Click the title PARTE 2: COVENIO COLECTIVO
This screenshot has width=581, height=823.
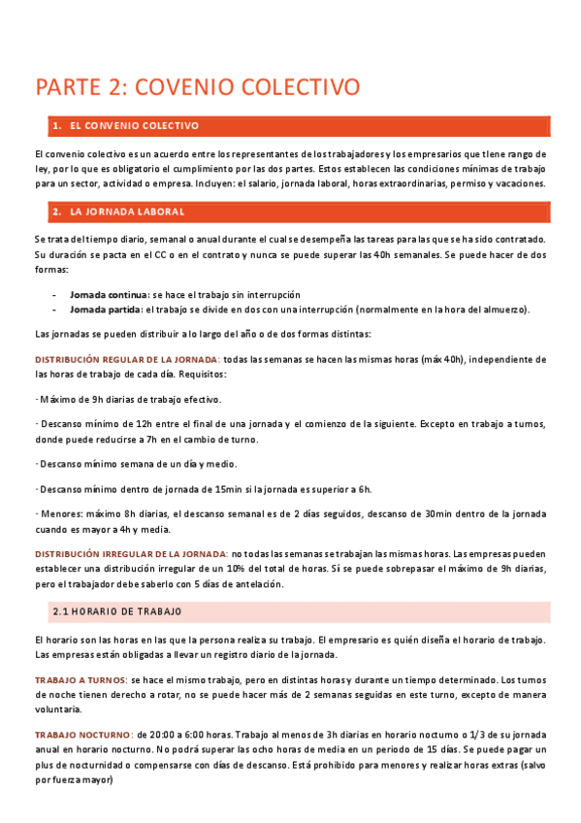click(x=198, y=86)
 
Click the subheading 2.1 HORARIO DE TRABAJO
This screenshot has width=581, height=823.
click(x=116, y=611)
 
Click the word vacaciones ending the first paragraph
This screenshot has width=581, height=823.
click(x=521, y=183)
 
